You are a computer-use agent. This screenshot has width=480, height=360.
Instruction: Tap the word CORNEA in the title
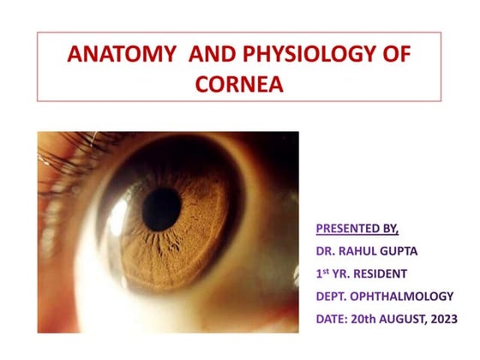click(x=239, y=85)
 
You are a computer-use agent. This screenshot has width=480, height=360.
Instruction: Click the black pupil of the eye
click(x=161, y=209)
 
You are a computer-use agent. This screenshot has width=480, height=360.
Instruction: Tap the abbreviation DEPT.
click(x=333, y=296)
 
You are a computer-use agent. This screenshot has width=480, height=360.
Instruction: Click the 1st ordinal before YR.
click(x=324, y=273)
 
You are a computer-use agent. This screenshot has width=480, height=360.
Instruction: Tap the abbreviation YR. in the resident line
click(x=347, y=273)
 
